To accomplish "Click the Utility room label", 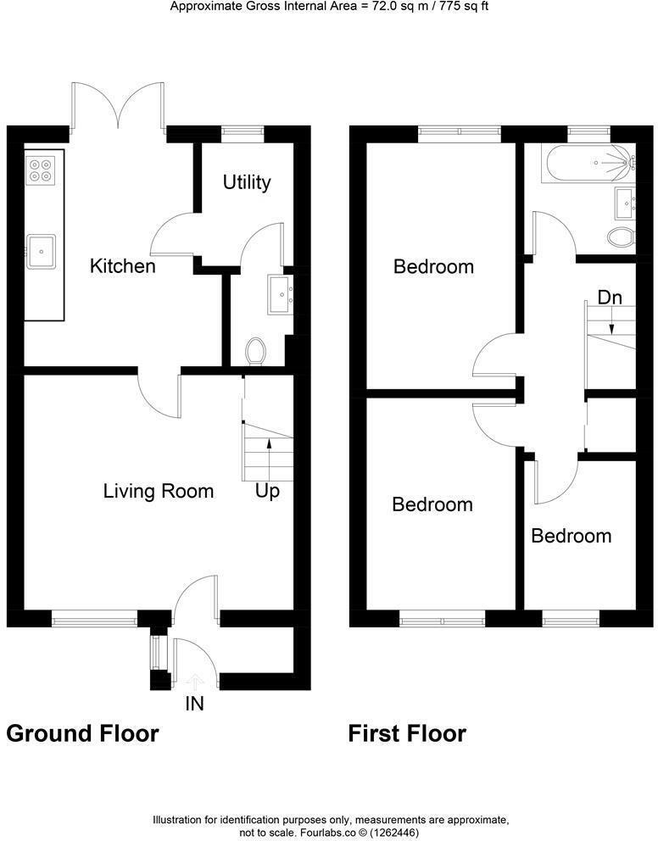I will pyautogui.click(x=247, y=182).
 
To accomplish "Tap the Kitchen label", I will pyautogui.click(x=123, y=266).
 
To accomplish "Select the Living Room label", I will pyautogui.click(x=159, y=491).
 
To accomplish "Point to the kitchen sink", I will pyautogui.click(x=41, y=250).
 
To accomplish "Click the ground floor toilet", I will pyautogui.click(x=255, y=350).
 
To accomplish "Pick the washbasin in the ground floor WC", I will pyautogui.click(x=282, y=294).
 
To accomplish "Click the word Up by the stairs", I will pyautogui.click(x=268, y=491).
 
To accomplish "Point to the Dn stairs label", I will pyautogui.click(x=610, y=298).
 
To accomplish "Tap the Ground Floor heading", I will pyautogui.click(x=82, y=732).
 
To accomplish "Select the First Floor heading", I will pyautogui.click(x=407, y=732).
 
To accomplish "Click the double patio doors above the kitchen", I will pyautogui.click(x=118, y=106).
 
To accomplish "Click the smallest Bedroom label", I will pyautogui.click(x=572, y=536).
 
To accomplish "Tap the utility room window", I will pyautogui.click(x=243, y=131).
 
